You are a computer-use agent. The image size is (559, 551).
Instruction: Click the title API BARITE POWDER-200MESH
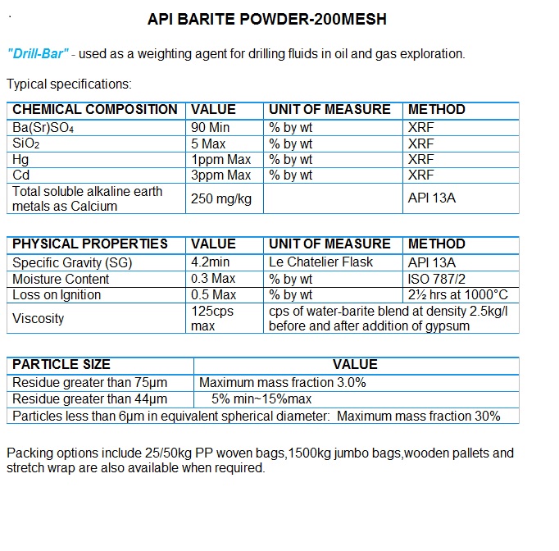266,19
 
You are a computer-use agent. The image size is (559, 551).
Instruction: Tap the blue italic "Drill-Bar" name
37,54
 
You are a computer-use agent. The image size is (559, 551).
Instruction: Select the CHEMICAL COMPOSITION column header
95,110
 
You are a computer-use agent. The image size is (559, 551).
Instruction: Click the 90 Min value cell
211,128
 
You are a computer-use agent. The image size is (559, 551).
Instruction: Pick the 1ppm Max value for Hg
220,160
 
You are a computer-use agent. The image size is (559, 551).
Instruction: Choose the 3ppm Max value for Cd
220,175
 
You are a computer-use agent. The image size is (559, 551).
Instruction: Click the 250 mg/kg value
220,198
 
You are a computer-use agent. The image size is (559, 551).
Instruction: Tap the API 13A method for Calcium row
432,198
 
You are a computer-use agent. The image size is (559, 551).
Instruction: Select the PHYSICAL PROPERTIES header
90,244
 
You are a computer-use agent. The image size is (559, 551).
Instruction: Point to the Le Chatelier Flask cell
320,262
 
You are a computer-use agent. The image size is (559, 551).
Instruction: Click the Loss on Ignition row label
57,295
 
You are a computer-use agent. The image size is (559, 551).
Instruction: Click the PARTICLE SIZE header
61,365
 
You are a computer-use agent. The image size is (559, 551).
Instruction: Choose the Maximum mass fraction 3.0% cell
282,382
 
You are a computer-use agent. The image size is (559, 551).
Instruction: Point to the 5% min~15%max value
261,399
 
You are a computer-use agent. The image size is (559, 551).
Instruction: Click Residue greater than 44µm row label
89,399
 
